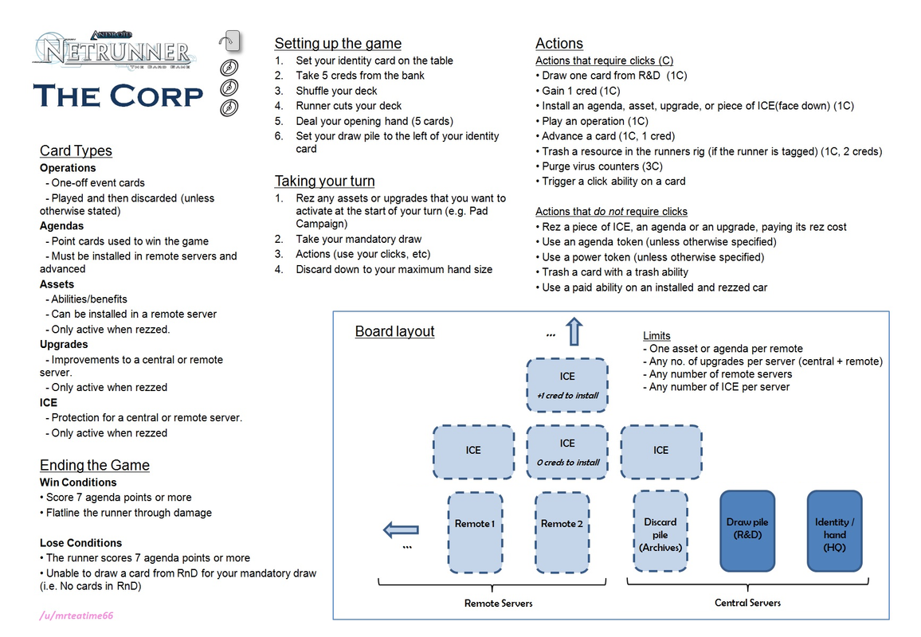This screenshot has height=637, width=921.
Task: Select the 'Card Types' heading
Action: point(76,150)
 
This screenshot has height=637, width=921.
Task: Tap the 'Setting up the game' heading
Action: point(338,44)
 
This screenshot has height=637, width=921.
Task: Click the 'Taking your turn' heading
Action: point(324,181)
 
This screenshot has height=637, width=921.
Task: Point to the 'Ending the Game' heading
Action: point(95,465)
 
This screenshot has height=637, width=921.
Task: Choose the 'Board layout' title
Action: point(394,331)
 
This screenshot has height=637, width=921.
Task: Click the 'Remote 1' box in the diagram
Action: point(475,531)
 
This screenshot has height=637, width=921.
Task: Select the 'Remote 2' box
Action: point(562,531)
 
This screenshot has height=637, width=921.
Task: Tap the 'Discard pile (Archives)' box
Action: point(660,531)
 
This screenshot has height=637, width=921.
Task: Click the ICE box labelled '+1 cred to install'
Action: point(567,385)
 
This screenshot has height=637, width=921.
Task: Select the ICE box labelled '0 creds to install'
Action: point(567,452)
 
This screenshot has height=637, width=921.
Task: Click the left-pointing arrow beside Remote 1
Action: point(401,529)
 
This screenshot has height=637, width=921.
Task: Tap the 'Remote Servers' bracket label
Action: point(498,603)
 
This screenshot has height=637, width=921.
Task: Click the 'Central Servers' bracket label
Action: point(747,603)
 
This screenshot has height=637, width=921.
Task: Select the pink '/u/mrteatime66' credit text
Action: point(70,616)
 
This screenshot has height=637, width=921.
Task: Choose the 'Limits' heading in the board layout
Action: point(656,335)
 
